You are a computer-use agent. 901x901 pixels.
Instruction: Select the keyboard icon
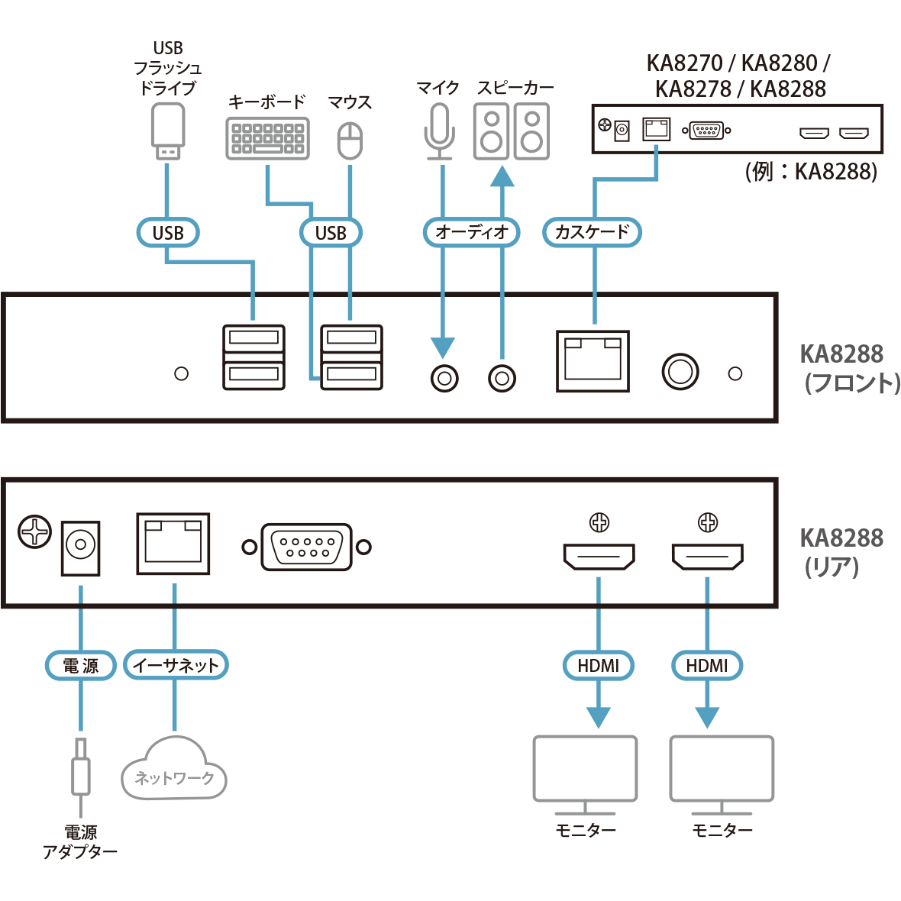tap(267, 138)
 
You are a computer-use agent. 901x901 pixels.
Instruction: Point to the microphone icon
tap(439, 131)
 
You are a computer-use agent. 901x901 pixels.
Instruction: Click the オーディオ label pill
tap(471, 232)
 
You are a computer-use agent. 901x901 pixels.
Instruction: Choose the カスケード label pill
tap(592, 232)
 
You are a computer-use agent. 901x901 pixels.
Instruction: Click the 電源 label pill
tap(80, 666)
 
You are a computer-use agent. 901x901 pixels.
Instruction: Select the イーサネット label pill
tap(176, 666)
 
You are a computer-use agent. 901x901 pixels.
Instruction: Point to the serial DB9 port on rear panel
tap(306, 547)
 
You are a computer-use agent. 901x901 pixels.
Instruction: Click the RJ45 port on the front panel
tap(593, 361)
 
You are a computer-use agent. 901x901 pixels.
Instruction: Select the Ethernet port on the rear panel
tap(173, 543)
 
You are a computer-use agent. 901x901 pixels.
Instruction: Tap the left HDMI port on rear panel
tap(599, 557)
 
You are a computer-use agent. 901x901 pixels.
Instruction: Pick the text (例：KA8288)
tap(811, 171)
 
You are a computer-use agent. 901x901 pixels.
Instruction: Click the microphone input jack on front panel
tap(444, 378)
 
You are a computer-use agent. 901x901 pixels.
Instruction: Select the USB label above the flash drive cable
tap(168, 232)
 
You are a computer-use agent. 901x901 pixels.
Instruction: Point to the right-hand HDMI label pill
tap(707, 666)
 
